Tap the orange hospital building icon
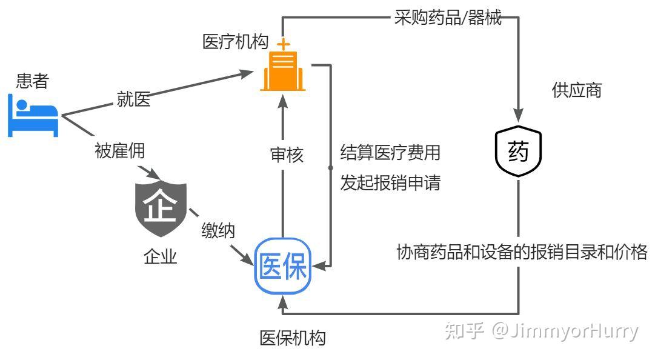coord(282,72)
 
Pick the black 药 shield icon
coord(518,152)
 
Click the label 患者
coord(32,81)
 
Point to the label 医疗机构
coord(235,42)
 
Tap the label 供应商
coord(576,90)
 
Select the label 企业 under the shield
coord(160,256)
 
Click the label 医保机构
coord(293,338)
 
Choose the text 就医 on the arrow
coord(134,99)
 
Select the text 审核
coord(287,155)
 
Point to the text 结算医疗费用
coord(390,152)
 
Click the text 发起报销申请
coord(390,183)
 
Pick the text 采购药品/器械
coord(448,18)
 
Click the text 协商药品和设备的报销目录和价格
coord(522,252)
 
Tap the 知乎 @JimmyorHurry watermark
coord(541,331)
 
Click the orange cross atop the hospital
coord(282,44)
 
